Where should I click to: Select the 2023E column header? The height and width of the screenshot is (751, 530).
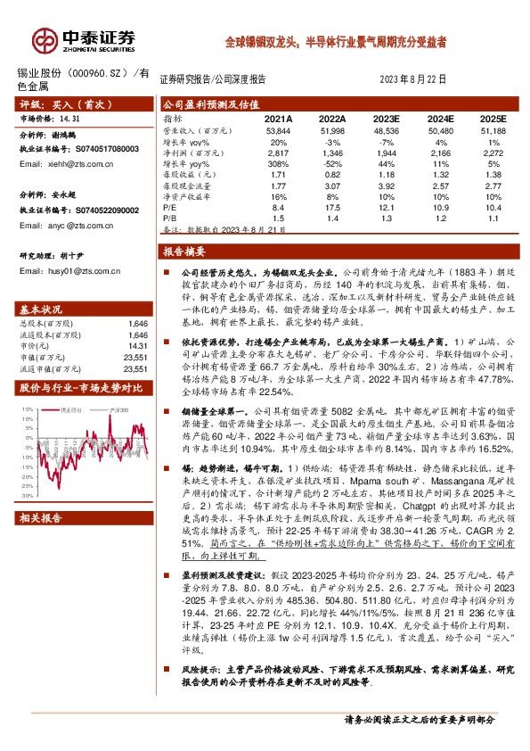385,118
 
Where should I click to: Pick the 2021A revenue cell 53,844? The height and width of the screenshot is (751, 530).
279,130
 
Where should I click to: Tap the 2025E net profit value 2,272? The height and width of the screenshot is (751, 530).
492,153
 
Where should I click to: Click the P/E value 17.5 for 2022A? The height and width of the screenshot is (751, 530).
332,206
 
